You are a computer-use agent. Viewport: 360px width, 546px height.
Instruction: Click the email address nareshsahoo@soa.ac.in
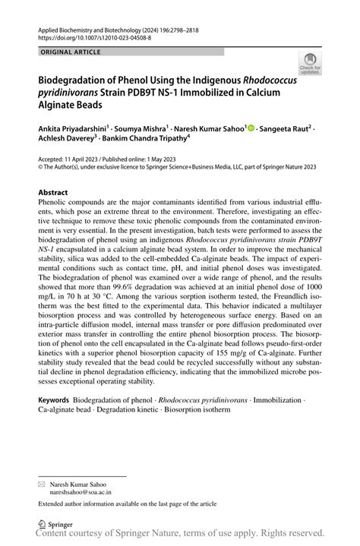click(80, 492)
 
